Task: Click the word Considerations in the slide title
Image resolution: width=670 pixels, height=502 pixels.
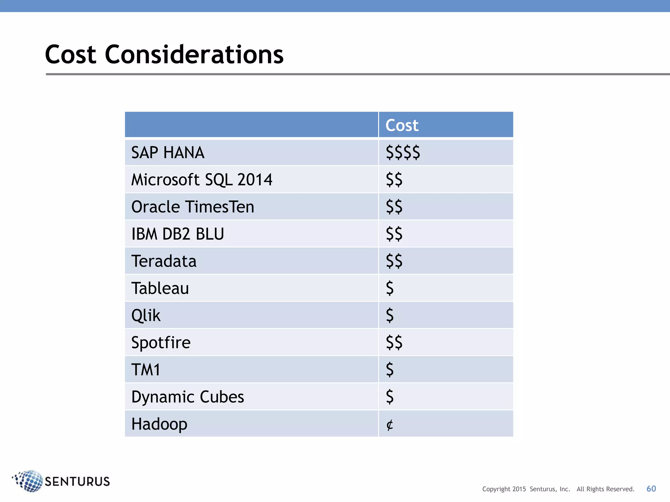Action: [x=194, y=55]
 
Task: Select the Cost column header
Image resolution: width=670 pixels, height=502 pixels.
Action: [x=402, y=125]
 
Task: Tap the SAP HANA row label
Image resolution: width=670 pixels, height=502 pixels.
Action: [x=168, y=153]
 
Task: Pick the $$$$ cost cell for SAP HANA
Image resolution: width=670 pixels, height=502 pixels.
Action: [x=403, y=153]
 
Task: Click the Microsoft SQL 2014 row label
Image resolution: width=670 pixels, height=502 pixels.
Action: [x=202, y=180]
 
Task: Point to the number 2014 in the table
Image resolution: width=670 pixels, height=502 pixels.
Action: [x=255, y=180]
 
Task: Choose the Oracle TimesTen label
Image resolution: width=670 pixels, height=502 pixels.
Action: [x=193, y=207]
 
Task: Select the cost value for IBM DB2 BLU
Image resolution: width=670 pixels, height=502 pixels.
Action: [x=394, y=234]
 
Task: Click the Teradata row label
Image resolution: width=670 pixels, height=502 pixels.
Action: [x=164, y=261]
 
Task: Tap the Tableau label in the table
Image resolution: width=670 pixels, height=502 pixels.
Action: [x=160, y=288]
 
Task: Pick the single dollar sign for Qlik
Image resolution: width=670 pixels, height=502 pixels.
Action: [x=390, y=315]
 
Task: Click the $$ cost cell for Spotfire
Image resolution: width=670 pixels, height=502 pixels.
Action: [x=394, y=343]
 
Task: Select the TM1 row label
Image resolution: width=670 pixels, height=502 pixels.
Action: [x=146, y=370]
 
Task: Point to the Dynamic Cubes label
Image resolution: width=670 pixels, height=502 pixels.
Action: [x=187, y=397]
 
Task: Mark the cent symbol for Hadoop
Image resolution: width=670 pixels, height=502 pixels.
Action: [x=389, y=425]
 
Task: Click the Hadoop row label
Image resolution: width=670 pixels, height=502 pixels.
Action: [x=159, y=424]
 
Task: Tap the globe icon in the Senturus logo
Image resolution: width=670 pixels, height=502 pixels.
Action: [x=29, y=481]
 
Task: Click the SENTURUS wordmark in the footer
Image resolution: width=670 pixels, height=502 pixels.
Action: [x=77, y=482]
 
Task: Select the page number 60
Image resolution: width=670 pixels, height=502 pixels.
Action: [x=651, y=489]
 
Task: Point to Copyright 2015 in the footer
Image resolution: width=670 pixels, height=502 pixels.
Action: [x=504, y=489]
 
